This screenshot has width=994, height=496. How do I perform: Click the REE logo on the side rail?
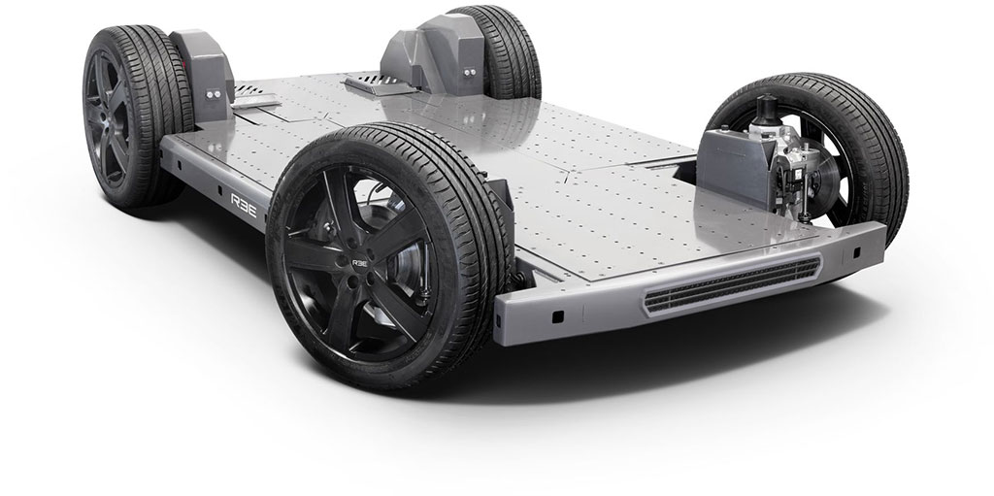(244, 205)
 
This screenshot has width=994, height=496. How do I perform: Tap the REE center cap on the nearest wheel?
(360, 263)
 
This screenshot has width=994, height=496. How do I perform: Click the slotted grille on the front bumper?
(732, 284)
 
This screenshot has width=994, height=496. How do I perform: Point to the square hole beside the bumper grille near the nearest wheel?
(557, 315)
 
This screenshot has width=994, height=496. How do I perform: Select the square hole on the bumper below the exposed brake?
(857, 252)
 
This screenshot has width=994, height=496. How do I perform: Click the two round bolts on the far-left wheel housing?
(213, 93)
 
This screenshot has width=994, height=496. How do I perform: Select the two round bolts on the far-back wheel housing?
(469, 72)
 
